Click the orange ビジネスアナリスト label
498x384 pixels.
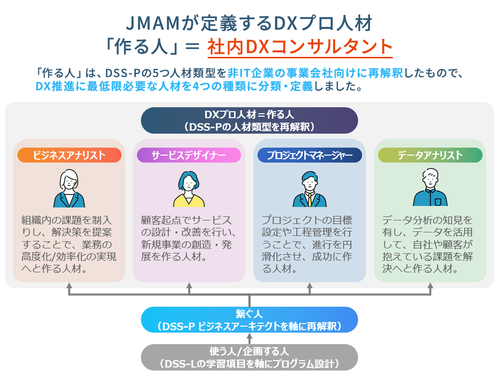click(x=69, y=155)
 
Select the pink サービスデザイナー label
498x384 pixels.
click(x=189, y=155)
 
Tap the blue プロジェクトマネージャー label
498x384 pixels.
click(x=310, y=155)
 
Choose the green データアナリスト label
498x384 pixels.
click(x=430, y=155)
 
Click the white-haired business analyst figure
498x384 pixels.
click(x=69, y=189)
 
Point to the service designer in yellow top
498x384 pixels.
click(x=189, y=189)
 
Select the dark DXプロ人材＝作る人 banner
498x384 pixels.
click(x=249, y=120)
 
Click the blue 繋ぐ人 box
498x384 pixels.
click(x=249, y=320)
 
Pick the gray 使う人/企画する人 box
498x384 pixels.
click(x=249, y=357)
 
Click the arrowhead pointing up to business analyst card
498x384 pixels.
click(x=69, y=285)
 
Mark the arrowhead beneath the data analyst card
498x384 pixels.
click(x=430, y=285)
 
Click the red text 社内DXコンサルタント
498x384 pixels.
click(x=300, y=47)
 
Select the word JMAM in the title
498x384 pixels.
click(x=153, y=23)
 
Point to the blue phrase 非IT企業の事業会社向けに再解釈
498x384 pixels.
click(x=315, y=73)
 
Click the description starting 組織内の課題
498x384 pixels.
click(x=69, y=244)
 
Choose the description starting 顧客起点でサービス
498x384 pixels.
click(x=189, y=238)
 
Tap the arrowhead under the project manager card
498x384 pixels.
click(x=310, y=285)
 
